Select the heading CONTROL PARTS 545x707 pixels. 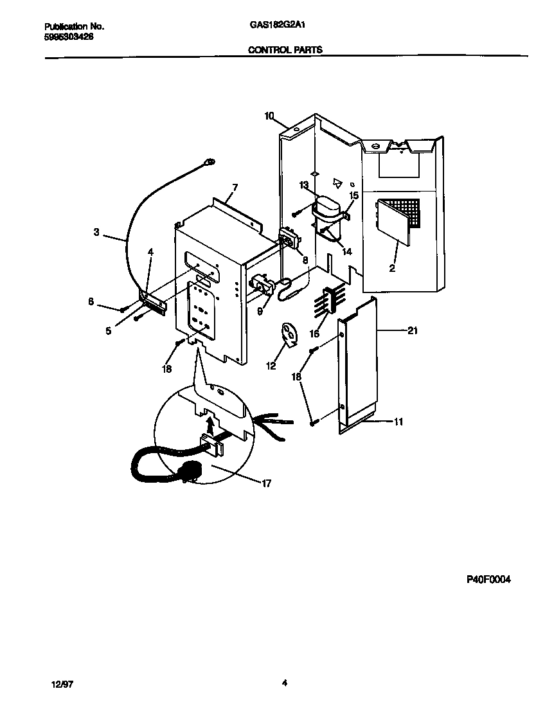click(285, 49)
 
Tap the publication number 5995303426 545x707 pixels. click(69, 37)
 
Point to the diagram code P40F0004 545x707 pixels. click(488, 578)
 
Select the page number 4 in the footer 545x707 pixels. click(284, 683)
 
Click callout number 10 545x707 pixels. click(269, 116)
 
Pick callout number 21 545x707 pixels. click(413, 330)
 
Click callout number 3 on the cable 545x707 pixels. click(96, 233)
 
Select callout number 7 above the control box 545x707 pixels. click(235, 187)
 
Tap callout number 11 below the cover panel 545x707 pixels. click(398, 422)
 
